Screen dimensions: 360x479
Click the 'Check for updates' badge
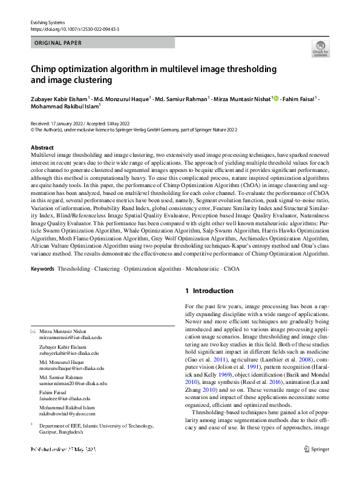point(320,48)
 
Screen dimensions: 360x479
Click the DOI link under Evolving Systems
point(74,29)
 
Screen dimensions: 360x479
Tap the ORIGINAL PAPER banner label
point(58,43)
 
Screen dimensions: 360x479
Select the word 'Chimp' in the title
point(44,68)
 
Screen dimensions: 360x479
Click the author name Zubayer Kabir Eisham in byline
point(59,99)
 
